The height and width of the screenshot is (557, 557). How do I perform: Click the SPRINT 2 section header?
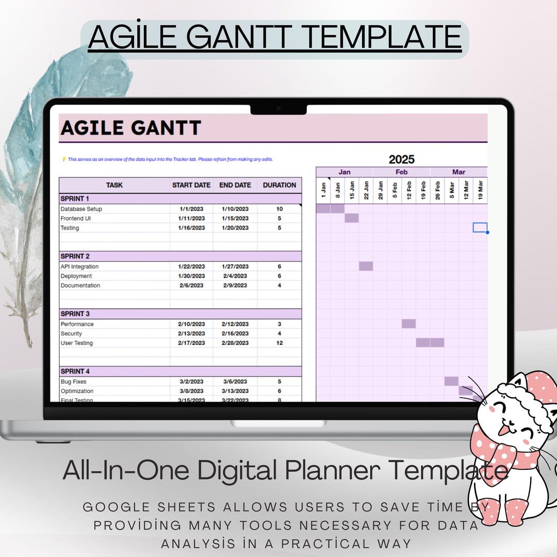point(75,256)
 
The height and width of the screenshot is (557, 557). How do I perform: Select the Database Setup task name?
point(81,209)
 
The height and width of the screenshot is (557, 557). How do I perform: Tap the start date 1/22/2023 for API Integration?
point(191,267)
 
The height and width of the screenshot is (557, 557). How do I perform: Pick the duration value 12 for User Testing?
point(280,343)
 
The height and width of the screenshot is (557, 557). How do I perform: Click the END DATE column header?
point(235,185)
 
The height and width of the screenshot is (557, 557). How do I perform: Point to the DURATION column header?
point(280,185)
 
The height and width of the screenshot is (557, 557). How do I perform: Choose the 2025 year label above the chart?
point(402,159)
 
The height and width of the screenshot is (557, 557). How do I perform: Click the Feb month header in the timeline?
point(402,172)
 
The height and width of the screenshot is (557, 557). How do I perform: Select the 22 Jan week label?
point(366,190)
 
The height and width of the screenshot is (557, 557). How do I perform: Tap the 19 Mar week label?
point(480,190)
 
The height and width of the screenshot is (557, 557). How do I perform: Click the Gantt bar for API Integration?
point(366,266)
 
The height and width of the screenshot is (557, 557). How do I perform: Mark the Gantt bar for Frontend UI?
point(352,218)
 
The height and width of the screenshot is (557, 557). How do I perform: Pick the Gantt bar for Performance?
point(408,324)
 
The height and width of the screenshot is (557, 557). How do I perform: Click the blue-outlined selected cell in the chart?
point(480,227)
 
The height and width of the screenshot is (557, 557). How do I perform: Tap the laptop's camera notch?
point(278,109)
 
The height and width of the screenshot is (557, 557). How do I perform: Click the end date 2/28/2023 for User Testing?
point(235,343)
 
